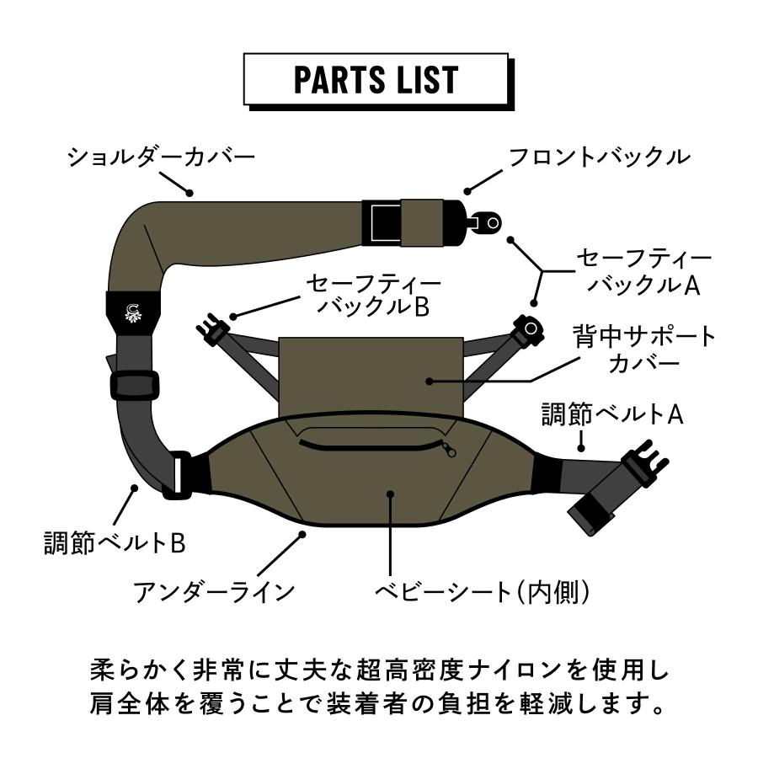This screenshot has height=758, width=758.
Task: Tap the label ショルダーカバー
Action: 160,157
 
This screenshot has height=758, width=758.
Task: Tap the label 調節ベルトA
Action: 612,414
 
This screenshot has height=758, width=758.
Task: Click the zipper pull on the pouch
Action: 450,451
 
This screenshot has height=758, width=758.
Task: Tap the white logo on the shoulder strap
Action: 133,312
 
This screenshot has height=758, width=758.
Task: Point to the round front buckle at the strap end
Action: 488,222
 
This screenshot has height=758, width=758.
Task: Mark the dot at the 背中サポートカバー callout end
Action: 430,381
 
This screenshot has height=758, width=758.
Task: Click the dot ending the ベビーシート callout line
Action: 389,495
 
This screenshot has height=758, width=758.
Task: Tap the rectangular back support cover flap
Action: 371,371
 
